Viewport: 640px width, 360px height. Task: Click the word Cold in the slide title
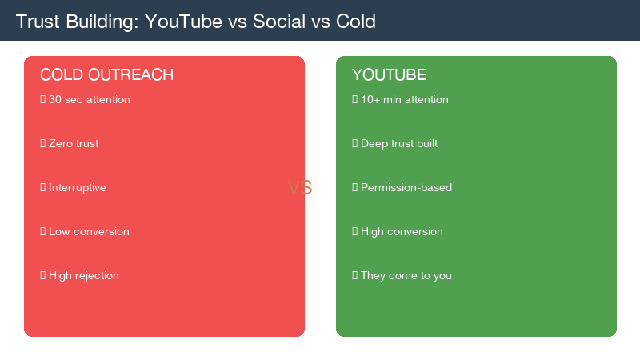(357, 22)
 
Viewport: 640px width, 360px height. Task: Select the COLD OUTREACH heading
(106, 75)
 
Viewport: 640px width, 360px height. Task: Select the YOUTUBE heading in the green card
(389, 75)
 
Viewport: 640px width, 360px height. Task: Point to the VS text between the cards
(300, 188)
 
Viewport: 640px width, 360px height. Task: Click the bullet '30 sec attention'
(89, 100)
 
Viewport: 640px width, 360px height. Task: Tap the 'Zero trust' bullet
(73, 144)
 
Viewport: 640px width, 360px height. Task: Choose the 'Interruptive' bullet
(77, 188)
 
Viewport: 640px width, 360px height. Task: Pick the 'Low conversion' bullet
(88, 232)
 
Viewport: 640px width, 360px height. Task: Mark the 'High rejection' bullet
(83, 276)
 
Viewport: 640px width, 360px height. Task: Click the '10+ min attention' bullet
(404, 100)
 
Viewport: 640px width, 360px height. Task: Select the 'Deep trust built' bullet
(398, 144)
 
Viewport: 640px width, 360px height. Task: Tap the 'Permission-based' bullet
(406, 188)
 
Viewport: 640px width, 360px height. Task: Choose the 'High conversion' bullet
(401, 232)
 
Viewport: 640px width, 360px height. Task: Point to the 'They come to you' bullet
(406, 276)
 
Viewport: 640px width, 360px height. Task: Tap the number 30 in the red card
(54, 100)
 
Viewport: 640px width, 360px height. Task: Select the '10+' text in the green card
(370, 100)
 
